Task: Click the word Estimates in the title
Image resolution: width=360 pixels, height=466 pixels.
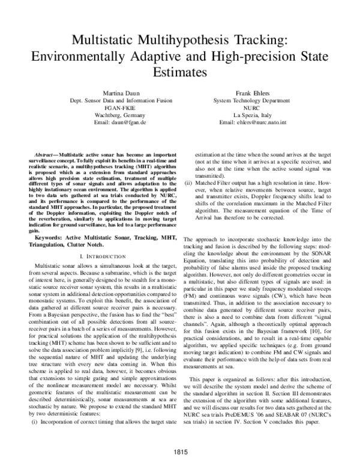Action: [x=180, y=71]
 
